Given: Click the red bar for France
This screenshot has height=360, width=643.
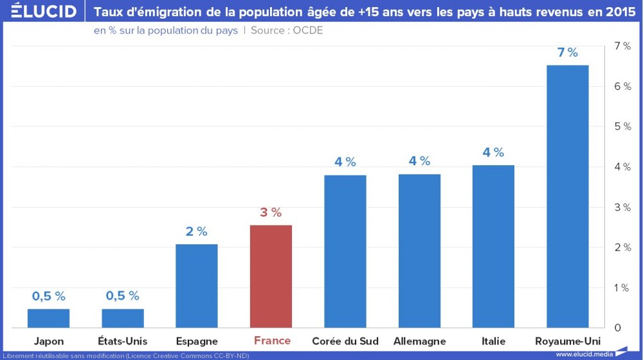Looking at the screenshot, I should [x=271, y=276].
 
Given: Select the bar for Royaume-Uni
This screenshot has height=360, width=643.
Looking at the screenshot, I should [x=567, y=196].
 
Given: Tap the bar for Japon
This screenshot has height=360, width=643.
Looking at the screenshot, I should [x=49, y=318].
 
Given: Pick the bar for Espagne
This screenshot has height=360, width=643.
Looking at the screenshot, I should [x=197, y=286].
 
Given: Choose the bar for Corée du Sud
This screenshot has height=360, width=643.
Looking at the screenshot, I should [x=345, y=251].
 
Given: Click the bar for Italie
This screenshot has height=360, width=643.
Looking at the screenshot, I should [x=493, y=247].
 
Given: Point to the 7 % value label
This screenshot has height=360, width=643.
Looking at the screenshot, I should [x=567, y=53].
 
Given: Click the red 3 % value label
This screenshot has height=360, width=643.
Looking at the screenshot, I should [x=271, y=213].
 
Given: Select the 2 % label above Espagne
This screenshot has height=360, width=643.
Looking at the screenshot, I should [x=197, y=232].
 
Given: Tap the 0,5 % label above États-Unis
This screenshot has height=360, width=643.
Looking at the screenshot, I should [x=123, y=296].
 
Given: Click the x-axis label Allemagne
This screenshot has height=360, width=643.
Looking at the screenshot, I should [x=419, y=341].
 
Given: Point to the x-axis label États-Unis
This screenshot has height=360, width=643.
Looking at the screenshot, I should [x=123, y=341].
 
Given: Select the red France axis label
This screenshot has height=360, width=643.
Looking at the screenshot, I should [x=272, y=341].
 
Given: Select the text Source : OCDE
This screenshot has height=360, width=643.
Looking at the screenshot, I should [x=287, y=30].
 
